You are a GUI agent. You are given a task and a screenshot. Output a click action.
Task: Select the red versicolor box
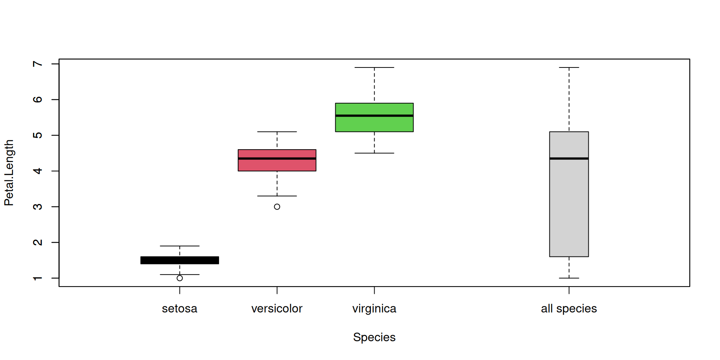[x=277, y=165]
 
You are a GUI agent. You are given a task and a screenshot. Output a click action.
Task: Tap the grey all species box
[x=569, y=206]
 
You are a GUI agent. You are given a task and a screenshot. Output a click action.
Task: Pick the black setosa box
[x=180, y=260]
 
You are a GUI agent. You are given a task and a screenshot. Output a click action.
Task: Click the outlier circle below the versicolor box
[x=277, y=207]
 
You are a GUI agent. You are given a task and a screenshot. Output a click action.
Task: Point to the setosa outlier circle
[x=180, y=278]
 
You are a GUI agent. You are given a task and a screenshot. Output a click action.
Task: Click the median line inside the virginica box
[x=374, y=115]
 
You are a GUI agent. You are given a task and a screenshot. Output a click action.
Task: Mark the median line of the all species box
[x=569, y=159]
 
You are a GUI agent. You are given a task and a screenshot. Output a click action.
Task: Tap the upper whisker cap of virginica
[x=374, y=67]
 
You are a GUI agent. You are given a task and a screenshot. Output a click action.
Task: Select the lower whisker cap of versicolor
[x=277, y=196]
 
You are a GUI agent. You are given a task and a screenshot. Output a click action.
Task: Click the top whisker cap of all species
[x=569, y=67]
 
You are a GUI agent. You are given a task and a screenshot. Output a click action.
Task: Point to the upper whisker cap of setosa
[x=180, y=246]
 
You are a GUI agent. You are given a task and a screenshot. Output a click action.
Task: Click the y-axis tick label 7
[x=37, y=64]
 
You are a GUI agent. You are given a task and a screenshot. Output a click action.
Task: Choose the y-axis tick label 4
[x=37, y=171]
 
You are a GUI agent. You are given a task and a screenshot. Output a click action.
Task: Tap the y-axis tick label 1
[x=37, y=278]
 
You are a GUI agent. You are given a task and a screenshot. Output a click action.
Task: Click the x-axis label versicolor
[x=277, y=309]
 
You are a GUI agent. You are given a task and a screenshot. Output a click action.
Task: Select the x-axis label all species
[x=569, y=309]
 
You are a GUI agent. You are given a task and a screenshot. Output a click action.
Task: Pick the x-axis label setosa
[x=180, y=309]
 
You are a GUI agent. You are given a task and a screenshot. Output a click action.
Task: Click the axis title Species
[x=374, y=337]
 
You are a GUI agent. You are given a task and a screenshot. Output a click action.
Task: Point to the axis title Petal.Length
[x=9, y=172]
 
